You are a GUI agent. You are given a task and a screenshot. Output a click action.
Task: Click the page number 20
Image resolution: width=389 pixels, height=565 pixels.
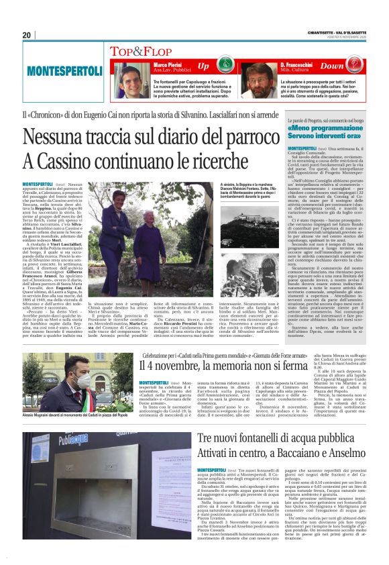pyautogui.click(x=27, y=35)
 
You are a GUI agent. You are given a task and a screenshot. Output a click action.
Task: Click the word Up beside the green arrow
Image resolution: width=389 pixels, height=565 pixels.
pyautogui.click(x=204, y=66)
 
